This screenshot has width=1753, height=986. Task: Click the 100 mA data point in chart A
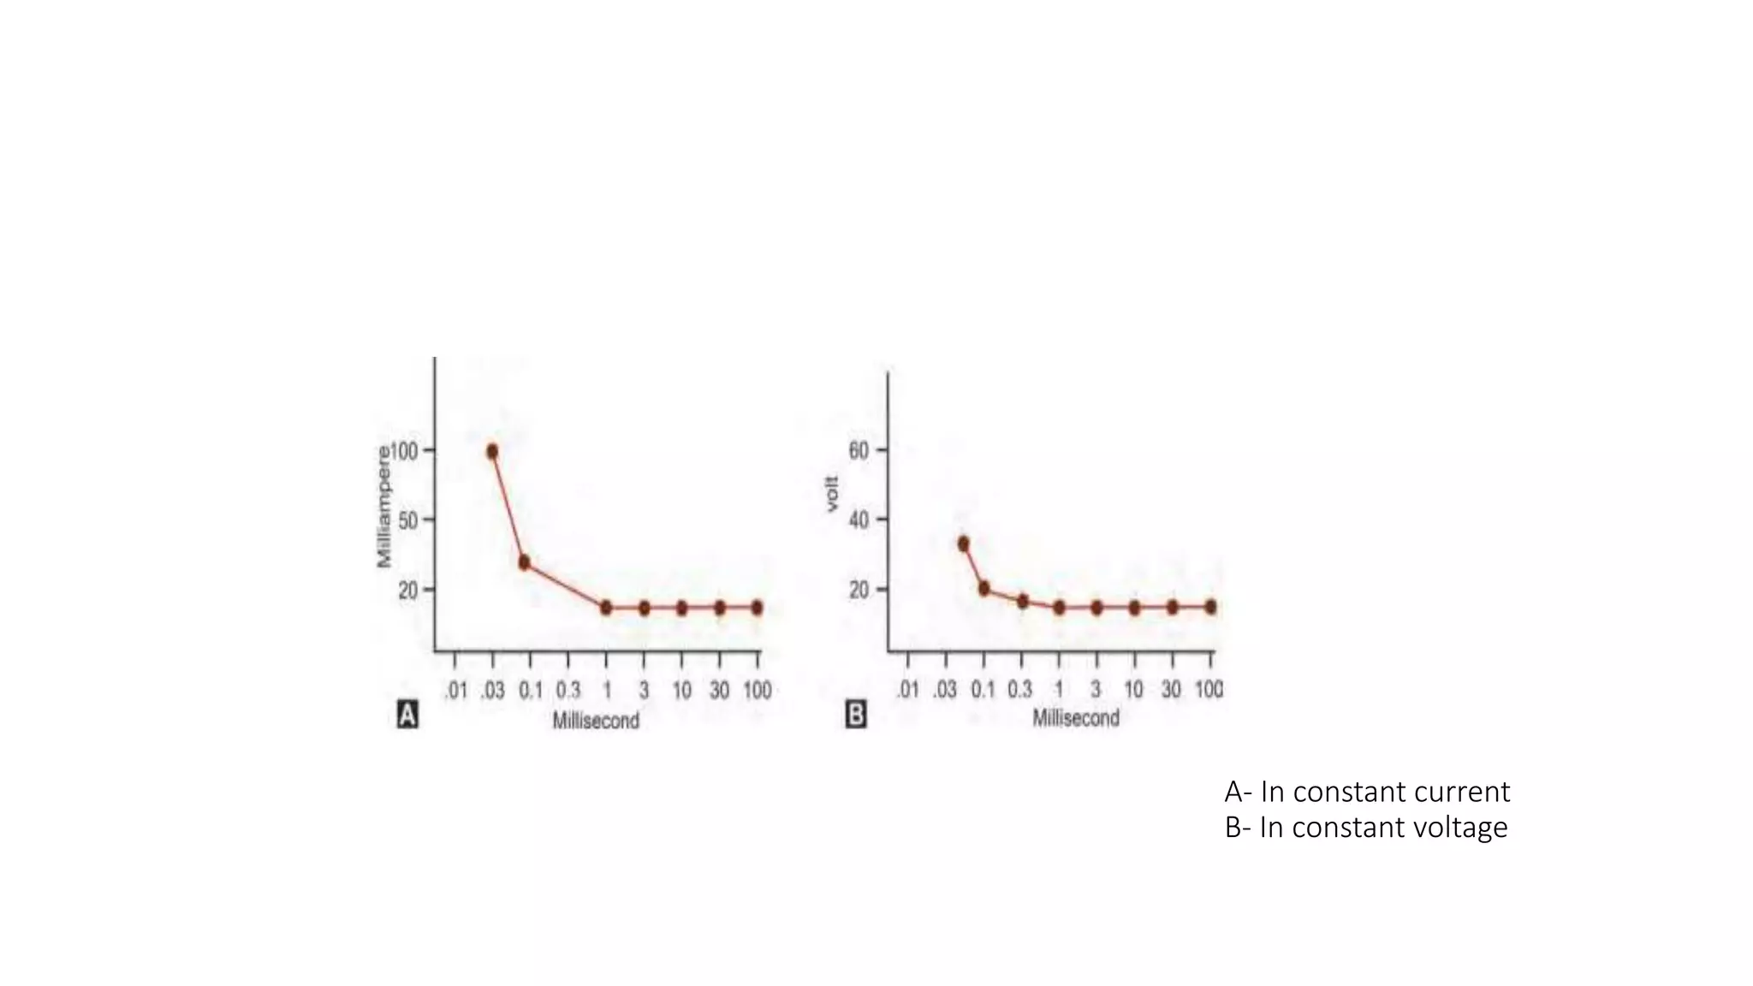tap(492, 451)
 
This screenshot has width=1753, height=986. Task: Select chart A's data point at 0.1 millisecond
tap(524, 562)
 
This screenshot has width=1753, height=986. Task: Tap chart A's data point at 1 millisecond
tap(606, 608)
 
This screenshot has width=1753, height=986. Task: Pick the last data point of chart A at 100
tap(757, 608)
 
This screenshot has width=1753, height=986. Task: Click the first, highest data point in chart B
tap(963, 543)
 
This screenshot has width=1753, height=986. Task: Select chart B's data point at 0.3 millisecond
tap(1022, 601)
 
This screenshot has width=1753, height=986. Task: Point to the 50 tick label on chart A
tap(408, 520)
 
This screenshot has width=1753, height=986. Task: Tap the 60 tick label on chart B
tap(859, 450)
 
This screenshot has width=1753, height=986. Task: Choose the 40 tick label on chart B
tap(859, 520)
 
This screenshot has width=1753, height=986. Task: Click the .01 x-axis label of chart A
tap(455, 691)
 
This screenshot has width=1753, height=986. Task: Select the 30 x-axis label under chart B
tap(1171, 689)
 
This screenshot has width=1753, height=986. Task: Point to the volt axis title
tap(832, 495)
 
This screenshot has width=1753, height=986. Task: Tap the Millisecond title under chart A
tap(596, 721)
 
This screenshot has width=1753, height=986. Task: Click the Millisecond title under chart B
tap(1076, 718)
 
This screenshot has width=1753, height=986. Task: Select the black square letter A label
tap(407, 715)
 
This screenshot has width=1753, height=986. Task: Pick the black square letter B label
tap(856, 715)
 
